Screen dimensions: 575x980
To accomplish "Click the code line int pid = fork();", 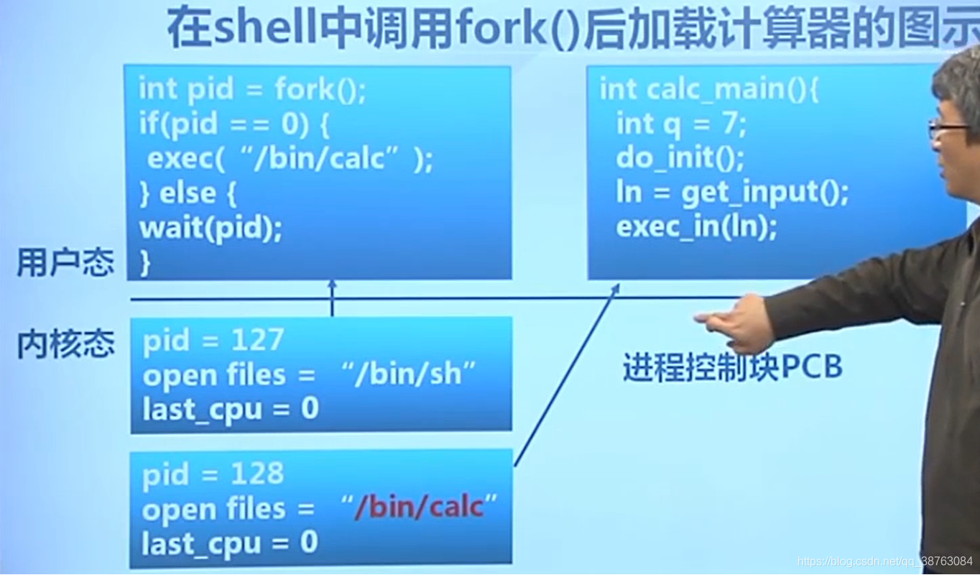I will (x=252, y=91).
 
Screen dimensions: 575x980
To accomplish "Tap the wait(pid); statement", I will (x=211, y=229).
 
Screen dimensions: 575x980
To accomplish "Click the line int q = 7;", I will (x=681, y=124).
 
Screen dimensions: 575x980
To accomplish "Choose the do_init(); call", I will (x=680, y=157).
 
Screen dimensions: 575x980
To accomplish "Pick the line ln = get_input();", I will (x=732, y=192).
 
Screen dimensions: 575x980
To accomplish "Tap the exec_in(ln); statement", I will (x=696, y=227).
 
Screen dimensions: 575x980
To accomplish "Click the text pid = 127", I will (x=213, y=340).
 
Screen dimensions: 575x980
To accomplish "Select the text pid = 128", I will (x=213, y=474).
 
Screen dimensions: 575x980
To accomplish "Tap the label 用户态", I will (x=65, y=263).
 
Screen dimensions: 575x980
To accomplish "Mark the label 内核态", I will (x=65, y=344).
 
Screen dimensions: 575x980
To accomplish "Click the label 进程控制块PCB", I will (x=732, y=368).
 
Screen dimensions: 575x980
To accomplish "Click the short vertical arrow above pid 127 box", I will (x=332, y=298).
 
